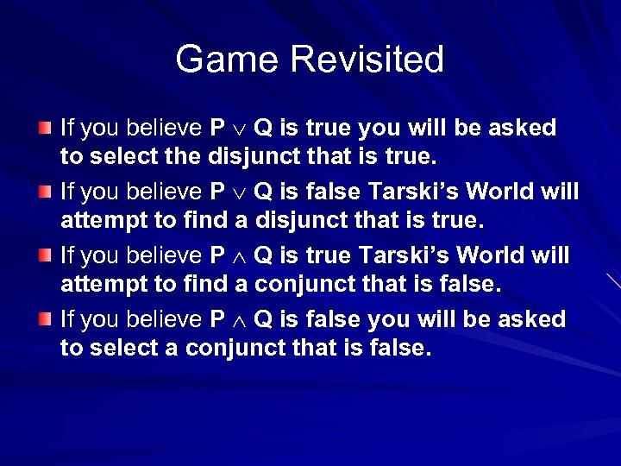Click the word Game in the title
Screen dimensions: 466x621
click(229, 60)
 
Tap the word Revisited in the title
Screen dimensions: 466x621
click(367, 60)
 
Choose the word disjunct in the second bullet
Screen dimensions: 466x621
click(298, 222)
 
